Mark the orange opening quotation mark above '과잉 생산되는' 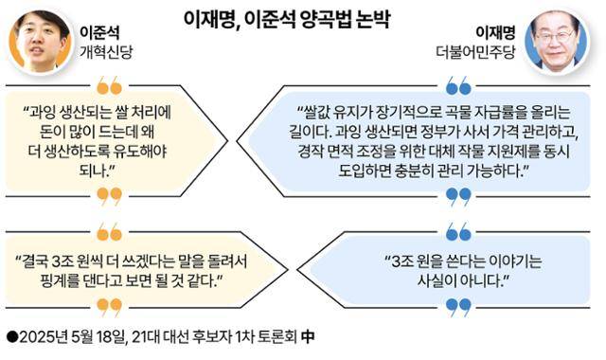[109, 87]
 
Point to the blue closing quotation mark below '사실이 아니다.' [459, 305]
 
